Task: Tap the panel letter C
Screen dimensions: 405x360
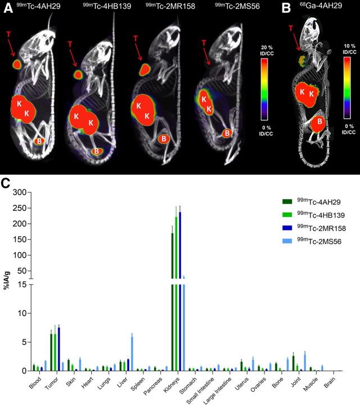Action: pos(6,183)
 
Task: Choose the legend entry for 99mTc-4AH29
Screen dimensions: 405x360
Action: pos(315,200)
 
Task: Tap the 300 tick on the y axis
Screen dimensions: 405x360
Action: pos(19,192)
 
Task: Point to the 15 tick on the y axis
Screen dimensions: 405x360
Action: pos(21,283)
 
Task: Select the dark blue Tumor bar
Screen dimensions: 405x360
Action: pos(58,349)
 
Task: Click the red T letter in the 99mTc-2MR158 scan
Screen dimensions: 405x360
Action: pos(136,38)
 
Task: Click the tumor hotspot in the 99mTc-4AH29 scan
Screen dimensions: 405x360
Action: pos(17,65)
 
